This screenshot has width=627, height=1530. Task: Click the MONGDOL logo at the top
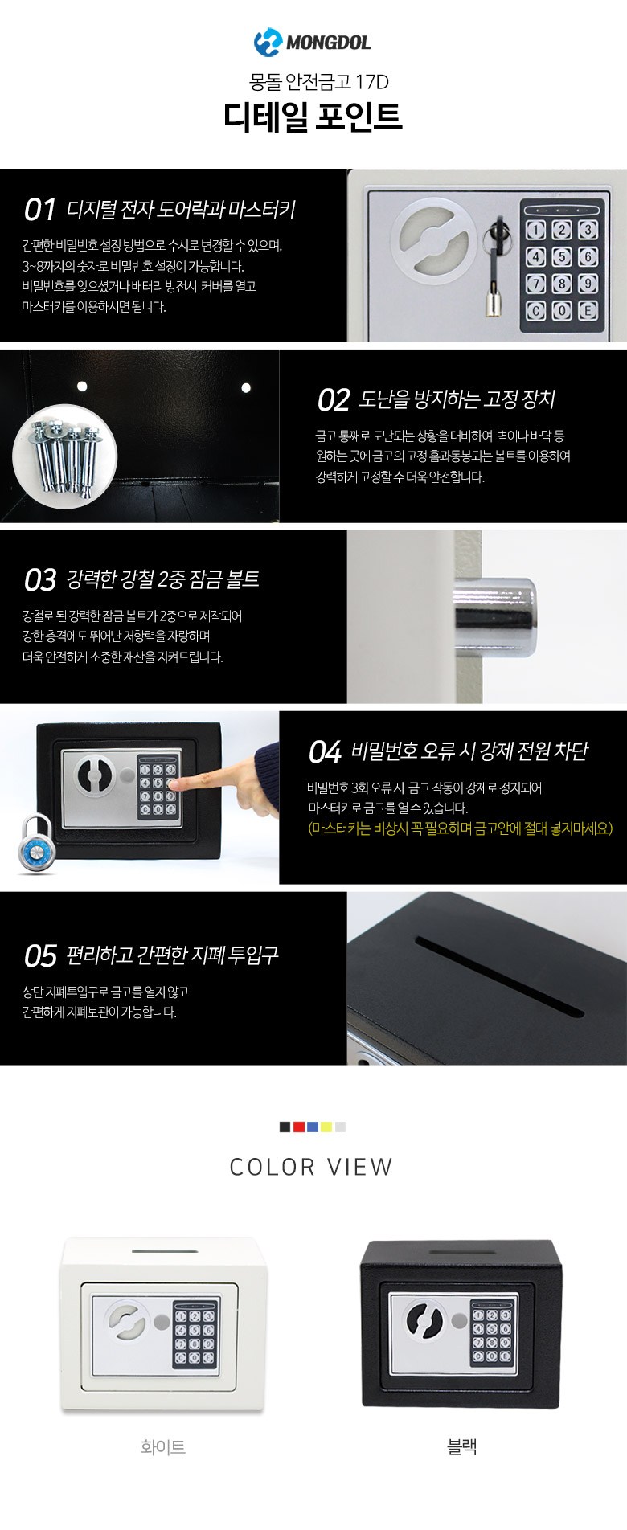click(313, 41)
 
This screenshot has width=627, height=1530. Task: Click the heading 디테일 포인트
click(313, 117)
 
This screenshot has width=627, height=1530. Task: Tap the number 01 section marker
click(39, 210)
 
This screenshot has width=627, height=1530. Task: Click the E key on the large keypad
click(588, 311)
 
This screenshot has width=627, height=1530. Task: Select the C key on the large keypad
click(535, 311)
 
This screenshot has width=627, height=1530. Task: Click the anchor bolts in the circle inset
click(65, 456)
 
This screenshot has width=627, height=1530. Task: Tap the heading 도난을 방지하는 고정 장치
click(457, 399)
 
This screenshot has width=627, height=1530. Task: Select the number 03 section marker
click(40, 579)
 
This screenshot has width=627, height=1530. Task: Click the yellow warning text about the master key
click(461, 828)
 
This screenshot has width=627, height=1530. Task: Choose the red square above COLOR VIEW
click(299, 1127)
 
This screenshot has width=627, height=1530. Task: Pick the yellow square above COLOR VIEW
click(326, 1127)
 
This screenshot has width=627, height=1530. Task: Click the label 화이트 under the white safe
click(163, 1446)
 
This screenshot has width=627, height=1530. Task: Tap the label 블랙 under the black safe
click(462, 1446)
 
